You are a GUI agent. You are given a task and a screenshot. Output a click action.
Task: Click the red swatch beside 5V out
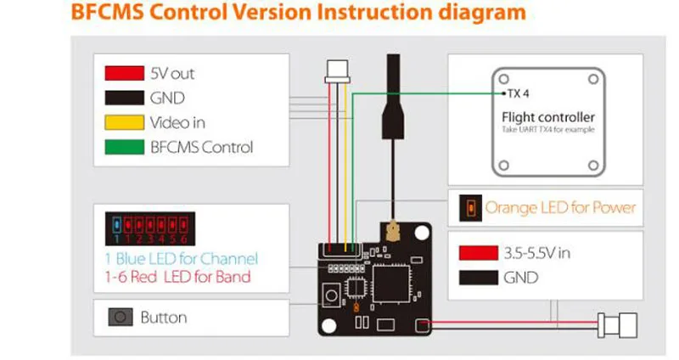(x=124, y=73)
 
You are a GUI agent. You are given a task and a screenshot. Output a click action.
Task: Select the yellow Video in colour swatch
(x=124, y=122)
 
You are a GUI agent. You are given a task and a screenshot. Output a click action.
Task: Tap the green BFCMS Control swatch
(x=124, y=147)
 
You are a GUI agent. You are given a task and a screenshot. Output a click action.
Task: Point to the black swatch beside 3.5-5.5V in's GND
(x=479, y=278)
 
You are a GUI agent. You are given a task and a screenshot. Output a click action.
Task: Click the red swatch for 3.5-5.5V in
(x=479, y=253)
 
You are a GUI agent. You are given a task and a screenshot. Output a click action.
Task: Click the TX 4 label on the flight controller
(x=518, y=93)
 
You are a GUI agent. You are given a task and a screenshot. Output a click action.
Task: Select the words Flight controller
(x=548, y=117)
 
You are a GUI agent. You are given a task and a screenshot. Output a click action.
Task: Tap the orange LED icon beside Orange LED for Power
(x=471, y=208)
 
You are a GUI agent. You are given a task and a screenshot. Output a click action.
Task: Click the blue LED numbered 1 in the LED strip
(x=116, y=225)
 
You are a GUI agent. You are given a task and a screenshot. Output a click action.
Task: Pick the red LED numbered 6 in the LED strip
(x=183, y=225)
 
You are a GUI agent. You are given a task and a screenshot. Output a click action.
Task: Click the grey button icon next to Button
(x=121, y=317)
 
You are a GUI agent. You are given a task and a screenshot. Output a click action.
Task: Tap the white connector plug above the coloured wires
(x=337, y=71)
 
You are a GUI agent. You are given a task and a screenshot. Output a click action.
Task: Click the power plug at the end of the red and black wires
(x=618, y=325)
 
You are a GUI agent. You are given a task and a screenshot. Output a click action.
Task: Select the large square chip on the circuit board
(x=391, y=284)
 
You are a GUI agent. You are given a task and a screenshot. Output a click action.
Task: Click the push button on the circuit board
(x=331, y=295)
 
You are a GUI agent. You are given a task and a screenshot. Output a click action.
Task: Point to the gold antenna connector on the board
(x=393, y=231)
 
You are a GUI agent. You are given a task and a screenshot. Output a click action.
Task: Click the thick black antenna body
(x=393, y=97)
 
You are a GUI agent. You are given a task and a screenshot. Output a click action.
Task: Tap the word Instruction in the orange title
(x=373, y=12)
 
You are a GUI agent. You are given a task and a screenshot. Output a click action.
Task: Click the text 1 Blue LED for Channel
(x=182, y=259)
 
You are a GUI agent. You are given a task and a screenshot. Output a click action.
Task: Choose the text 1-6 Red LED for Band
(x=178, y=277)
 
